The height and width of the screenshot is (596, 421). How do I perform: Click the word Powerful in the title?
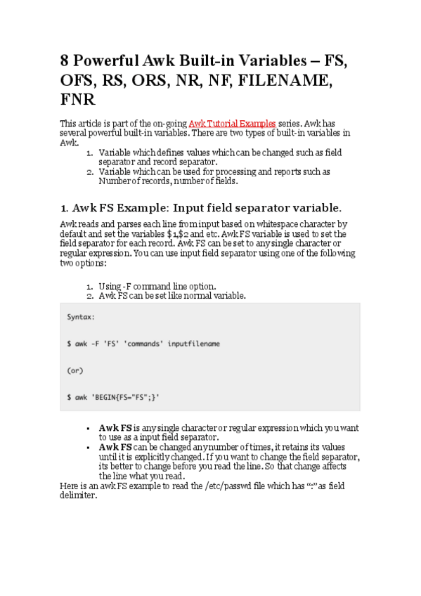click(108, 60)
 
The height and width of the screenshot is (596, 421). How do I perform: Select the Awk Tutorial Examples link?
click(232, 123)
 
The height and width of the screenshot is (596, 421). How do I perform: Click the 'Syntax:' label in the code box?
click(82, 317)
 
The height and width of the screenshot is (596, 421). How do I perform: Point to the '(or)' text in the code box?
click(75, 370)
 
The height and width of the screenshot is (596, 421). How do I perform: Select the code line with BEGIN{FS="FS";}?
click(113, 397)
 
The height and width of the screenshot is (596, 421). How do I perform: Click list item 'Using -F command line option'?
click(157, 286)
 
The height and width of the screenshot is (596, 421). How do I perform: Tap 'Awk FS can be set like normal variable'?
click(172, 296)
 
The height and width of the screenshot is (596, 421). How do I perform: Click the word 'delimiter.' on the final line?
click(78, 495)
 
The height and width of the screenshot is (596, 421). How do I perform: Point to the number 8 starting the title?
click(65, 60)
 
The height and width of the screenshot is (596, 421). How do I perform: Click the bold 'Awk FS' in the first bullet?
click(116, 427)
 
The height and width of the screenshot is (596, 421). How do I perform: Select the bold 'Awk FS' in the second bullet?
click(116, 447)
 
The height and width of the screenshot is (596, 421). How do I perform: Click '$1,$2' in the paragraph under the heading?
click(190, 234)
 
